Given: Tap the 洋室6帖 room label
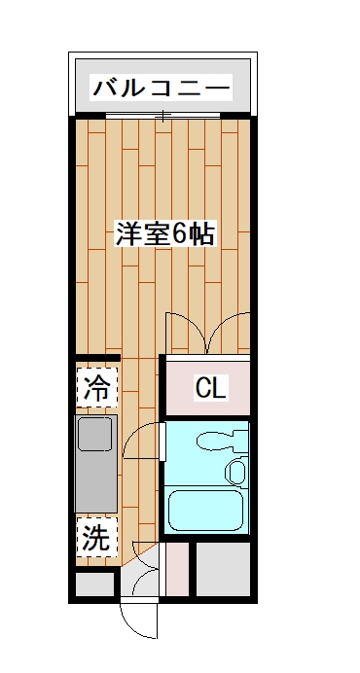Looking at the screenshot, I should click(164, 234).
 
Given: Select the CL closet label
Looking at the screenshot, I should click(210, 388).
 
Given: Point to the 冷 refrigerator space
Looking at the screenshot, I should click(95, 388).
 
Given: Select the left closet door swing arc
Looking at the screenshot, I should click(185, 331).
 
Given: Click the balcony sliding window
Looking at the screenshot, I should click(163, 117).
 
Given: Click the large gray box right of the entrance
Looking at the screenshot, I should click(226, 569).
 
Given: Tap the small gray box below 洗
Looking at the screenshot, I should click(95, 584).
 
